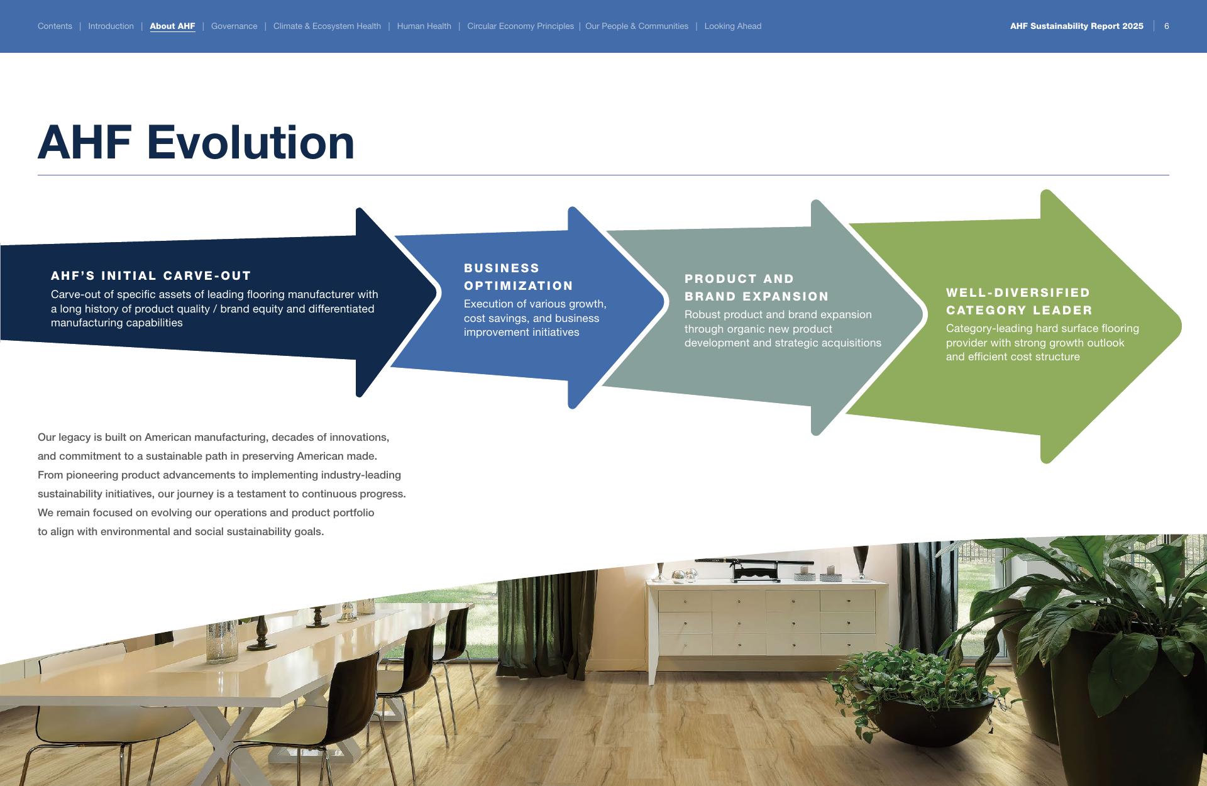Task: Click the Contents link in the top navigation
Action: coord(55,26)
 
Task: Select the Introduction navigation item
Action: coord(111,26)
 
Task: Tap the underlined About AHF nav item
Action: coord(172,26)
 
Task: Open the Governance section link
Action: coord(234,26)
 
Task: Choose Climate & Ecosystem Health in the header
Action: coord(327,26)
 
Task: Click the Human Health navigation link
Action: coord(424,26)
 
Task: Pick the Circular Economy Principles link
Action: coord(521,26)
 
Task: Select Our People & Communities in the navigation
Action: coord(637,26)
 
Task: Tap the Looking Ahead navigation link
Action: coord(732,26)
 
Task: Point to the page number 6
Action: coord(1167,26)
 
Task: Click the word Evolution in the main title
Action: coord(251,142)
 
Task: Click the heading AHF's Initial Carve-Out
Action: coord(151,276)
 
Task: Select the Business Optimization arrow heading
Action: coord(519,277)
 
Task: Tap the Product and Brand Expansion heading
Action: coord(757,288)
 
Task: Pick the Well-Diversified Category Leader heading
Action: coord(1020,302)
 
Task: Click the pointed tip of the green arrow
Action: coord(1181,326)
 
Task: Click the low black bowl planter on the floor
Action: coord(924,717)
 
